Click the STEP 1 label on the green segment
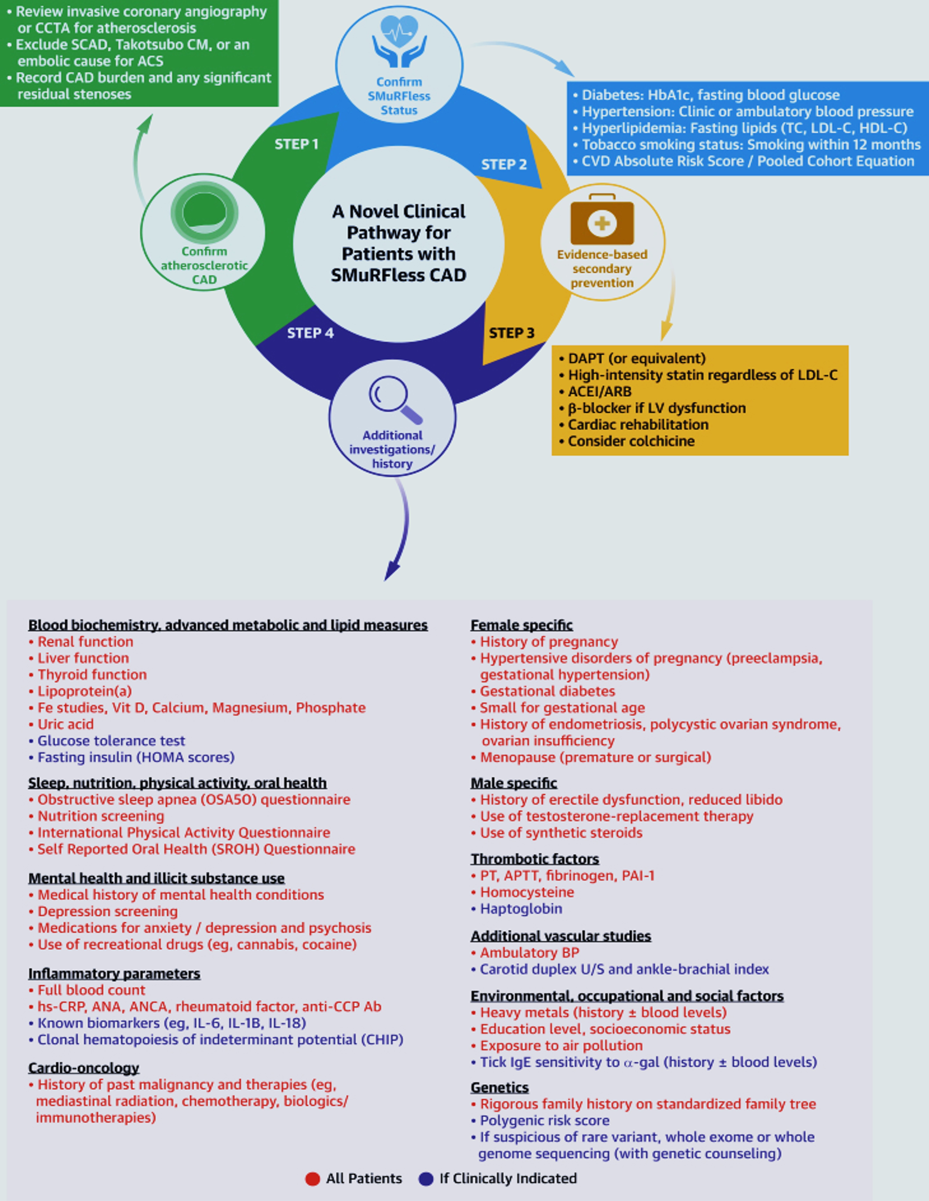[x=296, y=144]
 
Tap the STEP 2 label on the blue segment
[x=504, y=165]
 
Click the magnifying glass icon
[x=394, y=399]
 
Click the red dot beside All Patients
[x=312, y=1178]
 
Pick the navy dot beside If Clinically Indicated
[x=426, y=1178]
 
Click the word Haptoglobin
[x=521, y=909]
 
